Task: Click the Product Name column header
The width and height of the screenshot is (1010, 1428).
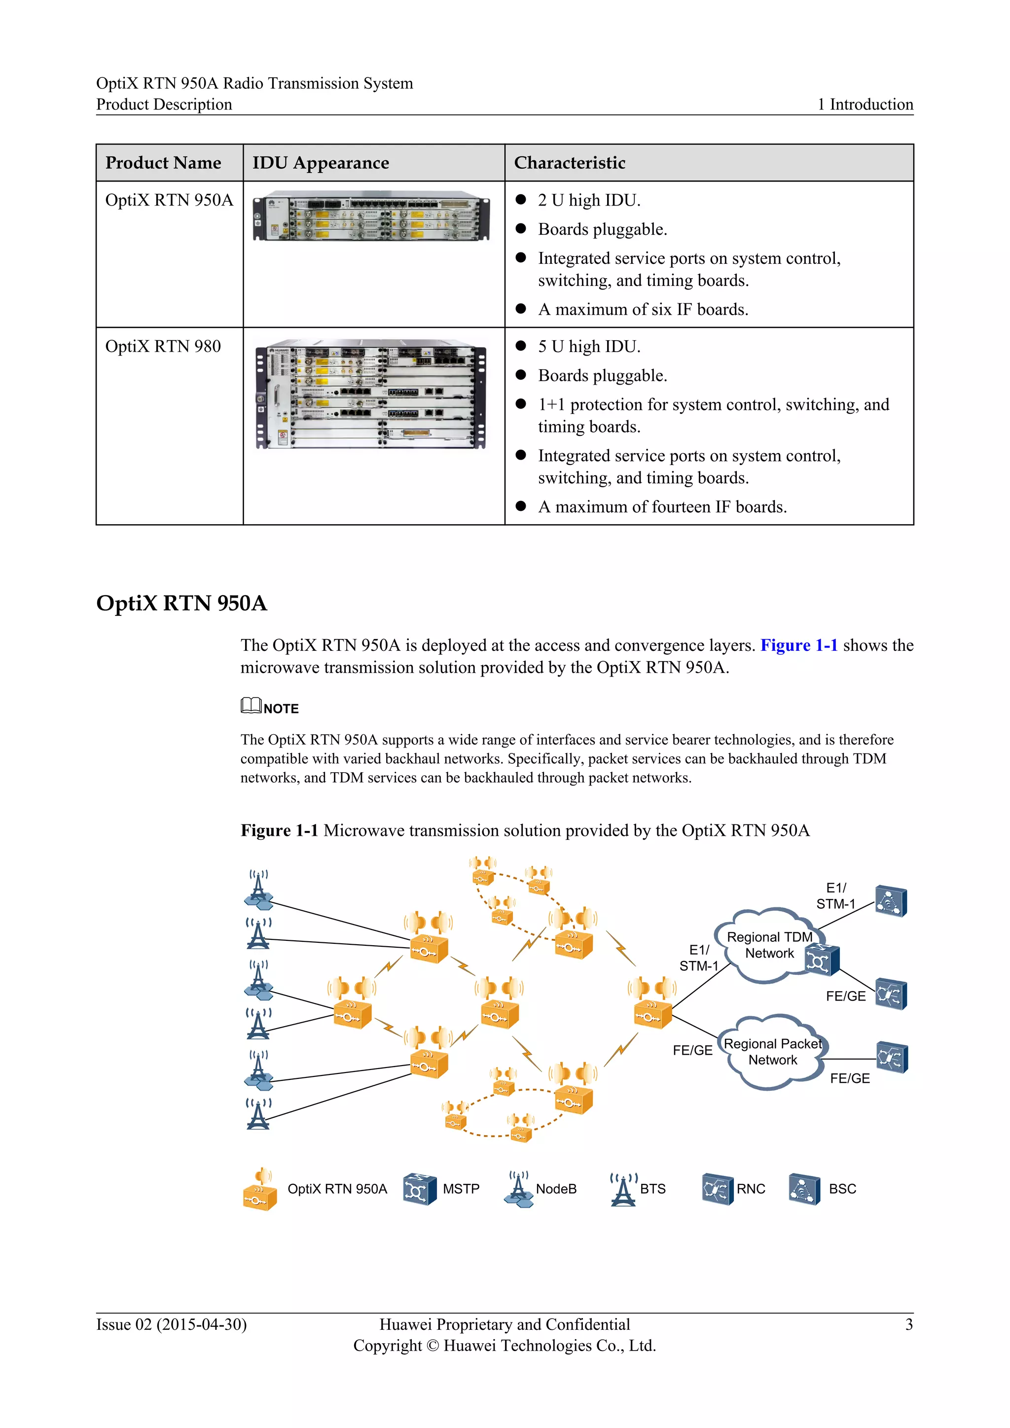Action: pyautogui.click(x=163, y=163)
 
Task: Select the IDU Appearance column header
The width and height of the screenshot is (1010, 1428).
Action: pyautogui.click(x=320, y=163)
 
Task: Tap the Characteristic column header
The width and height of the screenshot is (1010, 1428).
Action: pyautogui.click(x=569, y=163)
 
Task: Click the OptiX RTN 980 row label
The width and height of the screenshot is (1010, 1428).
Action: pyautogui.click(x=163, y=347)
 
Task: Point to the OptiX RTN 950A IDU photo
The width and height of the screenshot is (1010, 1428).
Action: pyautogui.click(x=371, y=216)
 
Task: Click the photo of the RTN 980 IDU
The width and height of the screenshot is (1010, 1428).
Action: pyautogui.click(x=371, y=393)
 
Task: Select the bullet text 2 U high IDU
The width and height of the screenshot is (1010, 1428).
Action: pyautogui.click(x=588, y=200)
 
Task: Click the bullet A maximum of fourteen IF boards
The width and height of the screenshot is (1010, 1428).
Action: pyautogui.click(x=662, y=507)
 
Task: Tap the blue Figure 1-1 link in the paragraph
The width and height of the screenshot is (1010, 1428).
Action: pyautogui.click(x=798, y=645)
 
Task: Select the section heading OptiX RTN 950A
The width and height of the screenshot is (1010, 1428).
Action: pyautogui.click(x=181, y=603)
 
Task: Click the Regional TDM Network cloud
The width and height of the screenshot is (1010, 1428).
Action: pyautogui.click(x=769, y=945)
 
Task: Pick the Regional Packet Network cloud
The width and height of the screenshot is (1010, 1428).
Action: pyautogui.click(x=772, y=1052)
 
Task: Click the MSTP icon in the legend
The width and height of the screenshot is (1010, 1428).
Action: pyautogui.click(x=419, y=1189)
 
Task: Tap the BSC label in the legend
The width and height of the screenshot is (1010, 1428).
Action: pyautogui.click(x=842, y=1189)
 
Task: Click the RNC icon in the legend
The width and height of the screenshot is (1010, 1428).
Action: pyautogui.click(x=717, y=1189)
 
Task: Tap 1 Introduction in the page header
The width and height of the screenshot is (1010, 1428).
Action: pyautogui.click(x=865, y=105)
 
